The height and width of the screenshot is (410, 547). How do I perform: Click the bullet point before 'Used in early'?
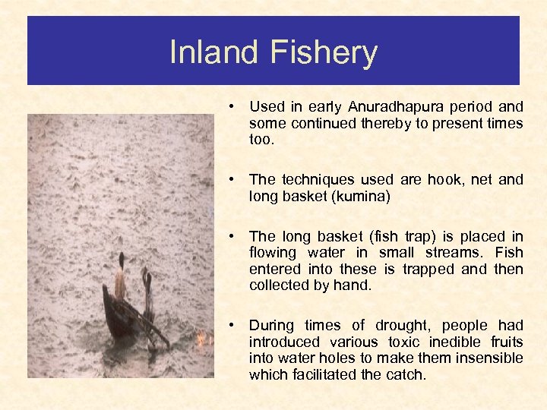237,107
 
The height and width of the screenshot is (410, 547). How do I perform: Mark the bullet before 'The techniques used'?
237,180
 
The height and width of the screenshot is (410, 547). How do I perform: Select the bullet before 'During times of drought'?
237,325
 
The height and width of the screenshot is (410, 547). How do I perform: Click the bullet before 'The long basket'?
237,237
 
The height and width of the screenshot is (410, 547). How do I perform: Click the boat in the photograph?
125,319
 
